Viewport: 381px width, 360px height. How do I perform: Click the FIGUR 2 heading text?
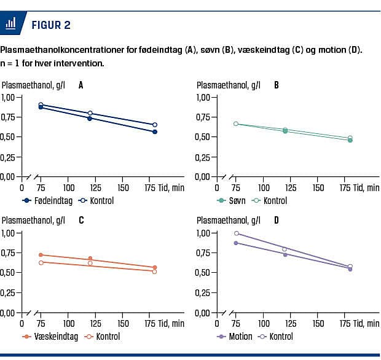pyautogui.click(x=50, y=25)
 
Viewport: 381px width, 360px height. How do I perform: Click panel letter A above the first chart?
pyautogui.click(x=81, y=85)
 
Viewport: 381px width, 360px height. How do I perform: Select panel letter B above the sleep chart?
pyautogui.click(x=276, y=85)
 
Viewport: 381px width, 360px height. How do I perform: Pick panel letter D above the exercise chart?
pyautogui.click(x=276, y=221)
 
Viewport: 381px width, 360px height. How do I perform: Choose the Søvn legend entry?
pyautogui.click(x=237, y=200)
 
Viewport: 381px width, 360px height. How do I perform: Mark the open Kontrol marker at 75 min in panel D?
pyautogui.click(x=236, y=233)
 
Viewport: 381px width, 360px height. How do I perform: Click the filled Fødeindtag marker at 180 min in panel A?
pyautogui.click(x=155, y=131)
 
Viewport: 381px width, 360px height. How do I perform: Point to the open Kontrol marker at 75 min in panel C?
pyautogui.click(x=41, y=262)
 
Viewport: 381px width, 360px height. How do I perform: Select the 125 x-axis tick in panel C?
pyautogui.click(x=97, y=323)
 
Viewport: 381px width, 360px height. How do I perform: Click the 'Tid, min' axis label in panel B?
pyautogui.click(x=365, y=187)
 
